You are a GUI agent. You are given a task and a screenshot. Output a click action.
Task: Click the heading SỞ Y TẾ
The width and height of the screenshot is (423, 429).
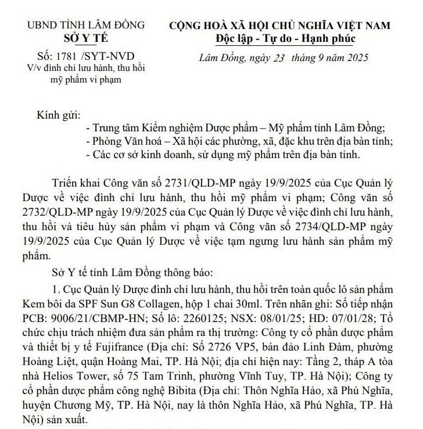pos(88,39)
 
